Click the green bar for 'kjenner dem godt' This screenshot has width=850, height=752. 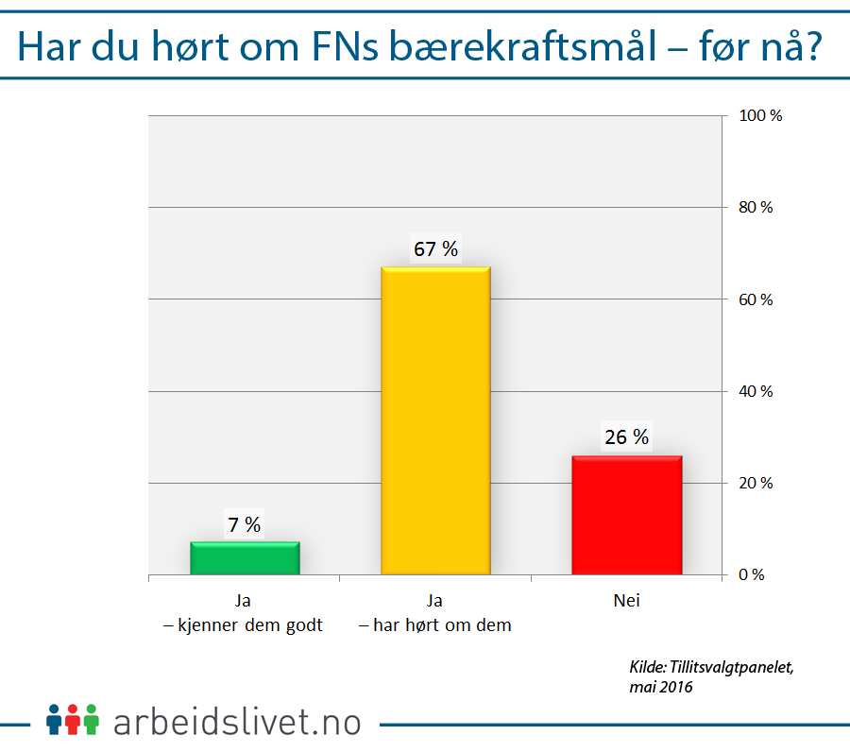245,558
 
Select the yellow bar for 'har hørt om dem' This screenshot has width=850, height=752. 435,420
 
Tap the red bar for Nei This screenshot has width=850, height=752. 626,515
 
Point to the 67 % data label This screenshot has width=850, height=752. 435,249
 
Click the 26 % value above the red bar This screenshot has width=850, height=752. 626,437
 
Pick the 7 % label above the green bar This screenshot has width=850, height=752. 245,524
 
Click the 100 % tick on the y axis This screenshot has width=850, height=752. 760,116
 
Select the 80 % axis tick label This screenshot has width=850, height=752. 756,208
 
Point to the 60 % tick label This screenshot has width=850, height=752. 756,299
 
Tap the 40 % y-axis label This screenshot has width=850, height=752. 756,391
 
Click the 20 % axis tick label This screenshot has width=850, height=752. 756,483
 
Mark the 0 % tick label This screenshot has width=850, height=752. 752,574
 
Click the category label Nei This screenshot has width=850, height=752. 626,601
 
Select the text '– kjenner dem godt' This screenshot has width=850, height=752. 245,625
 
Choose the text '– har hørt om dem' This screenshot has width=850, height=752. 435,625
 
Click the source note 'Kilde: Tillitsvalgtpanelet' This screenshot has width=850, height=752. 711,667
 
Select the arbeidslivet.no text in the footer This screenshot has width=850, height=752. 237,723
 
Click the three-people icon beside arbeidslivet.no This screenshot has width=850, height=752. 72,720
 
